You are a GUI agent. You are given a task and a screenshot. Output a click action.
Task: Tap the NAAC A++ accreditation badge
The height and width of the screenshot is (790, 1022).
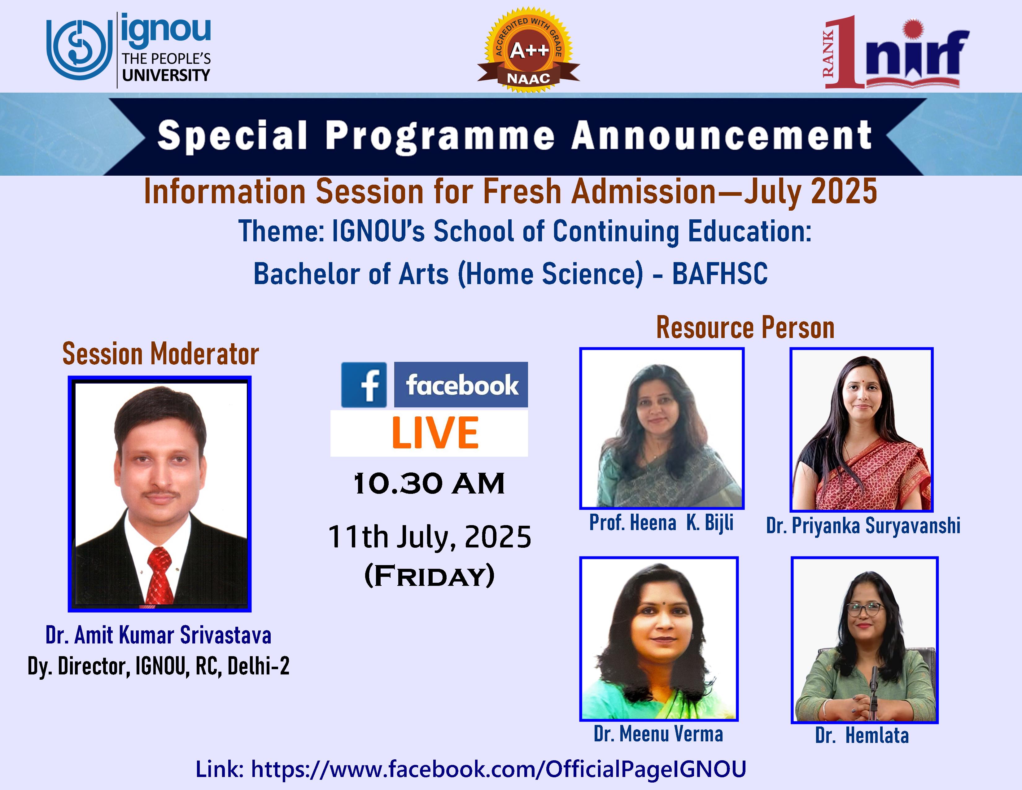[529, 50]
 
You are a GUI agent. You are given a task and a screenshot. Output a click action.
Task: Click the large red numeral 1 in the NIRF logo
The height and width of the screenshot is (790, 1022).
[846, 51]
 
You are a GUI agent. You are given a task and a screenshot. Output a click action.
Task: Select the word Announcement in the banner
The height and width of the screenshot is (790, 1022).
[722, 135]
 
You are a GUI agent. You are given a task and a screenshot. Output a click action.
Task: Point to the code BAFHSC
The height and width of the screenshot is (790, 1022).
[720, 274]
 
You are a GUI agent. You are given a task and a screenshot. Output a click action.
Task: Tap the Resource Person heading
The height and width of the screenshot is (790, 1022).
[745, 327]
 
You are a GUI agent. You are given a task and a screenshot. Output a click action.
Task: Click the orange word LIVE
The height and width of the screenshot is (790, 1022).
[435, 433]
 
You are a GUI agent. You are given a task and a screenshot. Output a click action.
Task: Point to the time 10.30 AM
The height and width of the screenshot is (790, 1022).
[429, 484]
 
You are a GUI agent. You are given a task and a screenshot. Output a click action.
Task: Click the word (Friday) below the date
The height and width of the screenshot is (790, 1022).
[429, 576]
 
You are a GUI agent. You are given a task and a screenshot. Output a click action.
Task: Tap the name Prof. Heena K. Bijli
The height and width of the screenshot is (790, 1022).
[661, 523]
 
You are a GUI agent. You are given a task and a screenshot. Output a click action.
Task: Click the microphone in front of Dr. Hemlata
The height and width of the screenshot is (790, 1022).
[874, 693]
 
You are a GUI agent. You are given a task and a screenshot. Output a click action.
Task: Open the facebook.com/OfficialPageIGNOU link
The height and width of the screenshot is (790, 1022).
[498, 769]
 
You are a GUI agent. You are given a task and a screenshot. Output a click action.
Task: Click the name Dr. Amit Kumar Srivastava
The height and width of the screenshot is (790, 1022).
[159, 635]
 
